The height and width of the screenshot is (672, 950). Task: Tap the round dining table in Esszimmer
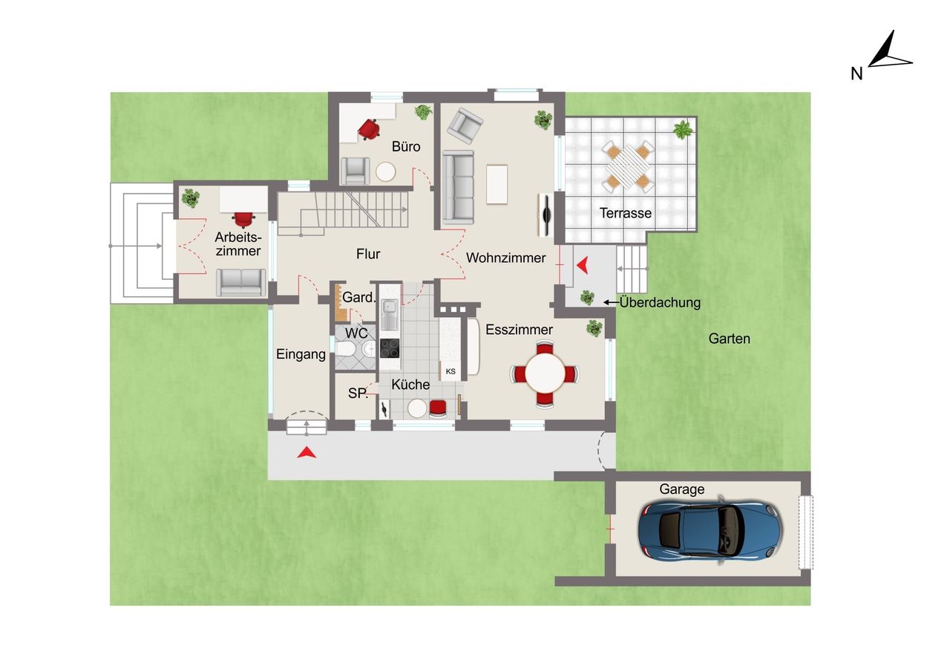pos(546,374)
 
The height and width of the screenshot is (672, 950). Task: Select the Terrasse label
pos(626,213)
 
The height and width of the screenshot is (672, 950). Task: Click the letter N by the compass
pos(856,74)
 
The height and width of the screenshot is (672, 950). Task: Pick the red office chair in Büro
pos(369,129)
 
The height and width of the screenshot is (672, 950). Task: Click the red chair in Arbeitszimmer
pos(243,219)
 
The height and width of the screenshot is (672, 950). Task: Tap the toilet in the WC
pos(345,350)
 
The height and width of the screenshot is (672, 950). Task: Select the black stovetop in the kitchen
pos(390,348)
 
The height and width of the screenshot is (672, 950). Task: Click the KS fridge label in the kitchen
pos(451,371)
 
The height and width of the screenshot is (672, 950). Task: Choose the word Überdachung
pos(660,302)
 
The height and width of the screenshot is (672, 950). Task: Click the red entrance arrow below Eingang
pos(307,453)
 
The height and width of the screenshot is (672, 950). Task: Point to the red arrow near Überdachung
pos(583,265)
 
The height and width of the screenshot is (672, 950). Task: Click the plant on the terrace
pos(683,129)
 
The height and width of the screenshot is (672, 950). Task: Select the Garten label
pos(730,339)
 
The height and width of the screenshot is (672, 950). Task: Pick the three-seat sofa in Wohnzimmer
pos(458,187)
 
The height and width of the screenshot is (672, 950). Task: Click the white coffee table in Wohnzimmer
pos(497,185)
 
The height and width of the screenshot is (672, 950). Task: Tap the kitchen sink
pos(390,315)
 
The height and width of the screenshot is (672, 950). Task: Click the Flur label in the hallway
pos(368,254)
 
